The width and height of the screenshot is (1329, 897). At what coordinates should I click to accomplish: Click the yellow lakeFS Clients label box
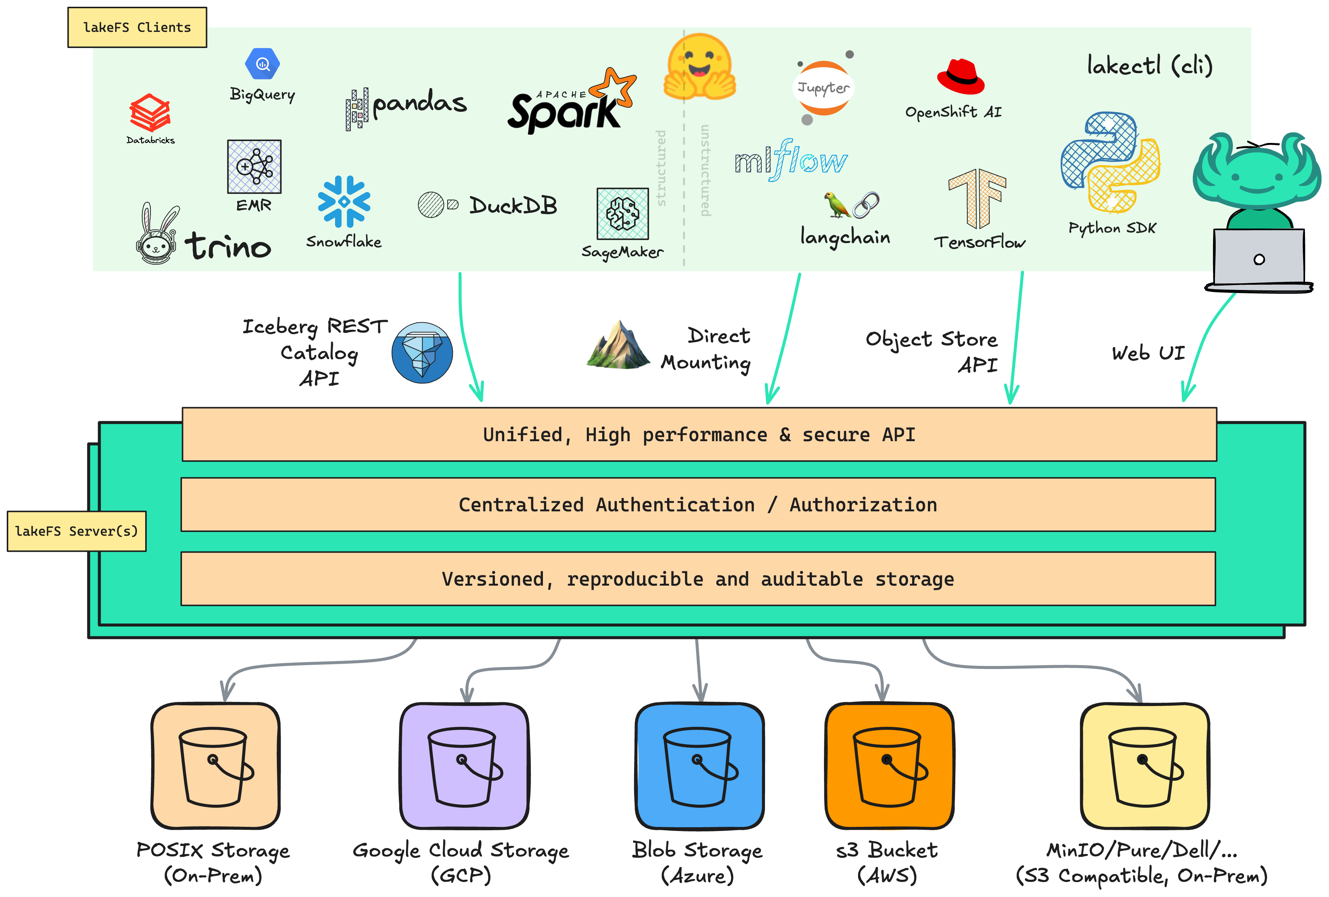[x=137, y=27]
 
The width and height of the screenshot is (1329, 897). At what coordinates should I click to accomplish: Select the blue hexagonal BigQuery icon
[x=263, y=64]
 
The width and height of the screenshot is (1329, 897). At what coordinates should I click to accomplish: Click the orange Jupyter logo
[x=824, y=88]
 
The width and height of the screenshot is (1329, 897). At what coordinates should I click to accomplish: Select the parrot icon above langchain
[x=837, y=205]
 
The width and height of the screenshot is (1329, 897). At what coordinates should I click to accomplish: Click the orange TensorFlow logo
[x=977, y=198]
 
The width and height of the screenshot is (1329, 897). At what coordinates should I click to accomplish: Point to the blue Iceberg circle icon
[x=422, y=353]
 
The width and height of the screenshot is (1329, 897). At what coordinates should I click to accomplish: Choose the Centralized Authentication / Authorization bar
[x=698, y=505]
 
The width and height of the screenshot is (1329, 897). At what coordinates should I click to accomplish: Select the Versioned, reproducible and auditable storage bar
[x=698, y=578]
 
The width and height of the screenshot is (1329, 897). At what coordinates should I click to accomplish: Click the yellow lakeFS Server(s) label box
[x=77, y=531]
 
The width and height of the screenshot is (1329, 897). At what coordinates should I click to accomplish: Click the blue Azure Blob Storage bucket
[x=699, y=766]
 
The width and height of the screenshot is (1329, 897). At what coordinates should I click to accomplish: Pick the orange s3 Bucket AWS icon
[x=889, y=766]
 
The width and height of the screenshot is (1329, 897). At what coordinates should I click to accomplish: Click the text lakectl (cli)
[x=1149, y=66]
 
